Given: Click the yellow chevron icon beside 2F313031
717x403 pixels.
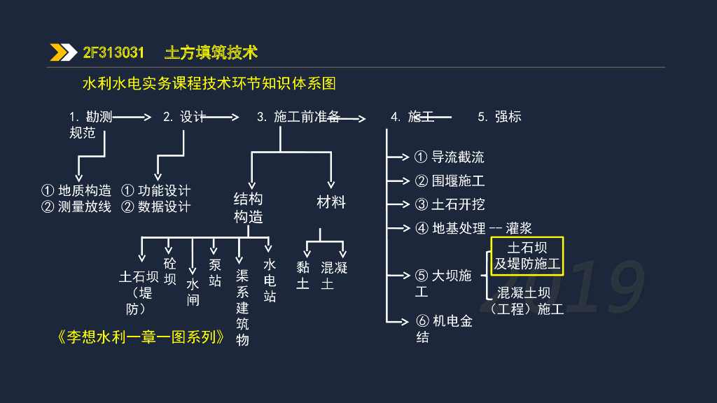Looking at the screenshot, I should (63, 52).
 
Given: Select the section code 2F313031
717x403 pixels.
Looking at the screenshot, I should (113, 52).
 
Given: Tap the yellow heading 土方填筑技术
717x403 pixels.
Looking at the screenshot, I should (211, 52).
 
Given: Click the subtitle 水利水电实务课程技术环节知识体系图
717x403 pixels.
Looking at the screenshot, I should (209, 84).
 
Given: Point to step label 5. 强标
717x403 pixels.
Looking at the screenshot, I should (499, 117).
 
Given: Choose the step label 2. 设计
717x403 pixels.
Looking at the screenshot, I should (184, 117).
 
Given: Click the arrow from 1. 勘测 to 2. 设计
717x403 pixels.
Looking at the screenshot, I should (132, 117).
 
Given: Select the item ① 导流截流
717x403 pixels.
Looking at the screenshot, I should (450, 157).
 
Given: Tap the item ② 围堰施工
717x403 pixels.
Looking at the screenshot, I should (450, 181).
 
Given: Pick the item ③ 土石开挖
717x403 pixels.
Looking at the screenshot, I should (450, 205).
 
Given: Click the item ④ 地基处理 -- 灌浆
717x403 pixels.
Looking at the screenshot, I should (473, 228).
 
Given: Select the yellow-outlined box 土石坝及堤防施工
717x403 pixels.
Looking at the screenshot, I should (527, 255).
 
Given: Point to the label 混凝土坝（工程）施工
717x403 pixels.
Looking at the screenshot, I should (528, 301).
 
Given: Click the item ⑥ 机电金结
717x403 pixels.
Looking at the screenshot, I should (444, 329).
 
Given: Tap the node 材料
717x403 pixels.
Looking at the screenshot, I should (331, 202).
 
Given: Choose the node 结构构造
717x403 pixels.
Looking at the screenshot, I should (248, 208).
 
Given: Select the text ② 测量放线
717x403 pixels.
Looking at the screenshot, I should (76, 207).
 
